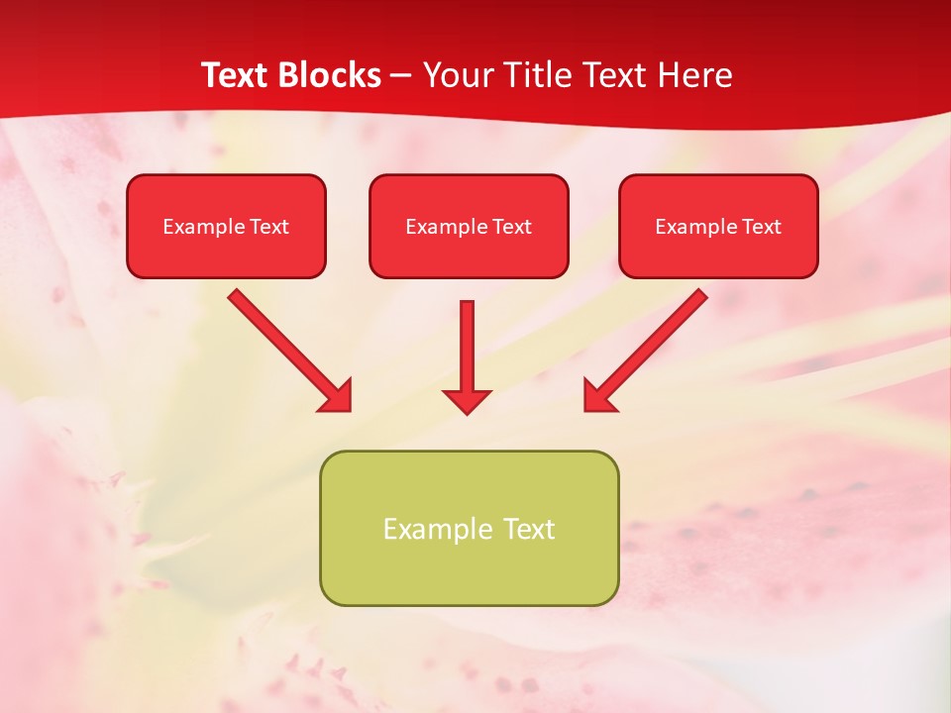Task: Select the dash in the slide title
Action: tap(401, 75)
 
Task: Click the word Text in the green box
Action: tap(528, 529)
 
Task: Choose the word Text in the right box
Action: tap(762, 227)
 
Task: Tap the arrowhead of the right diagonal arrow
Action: tap(598, 397)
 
